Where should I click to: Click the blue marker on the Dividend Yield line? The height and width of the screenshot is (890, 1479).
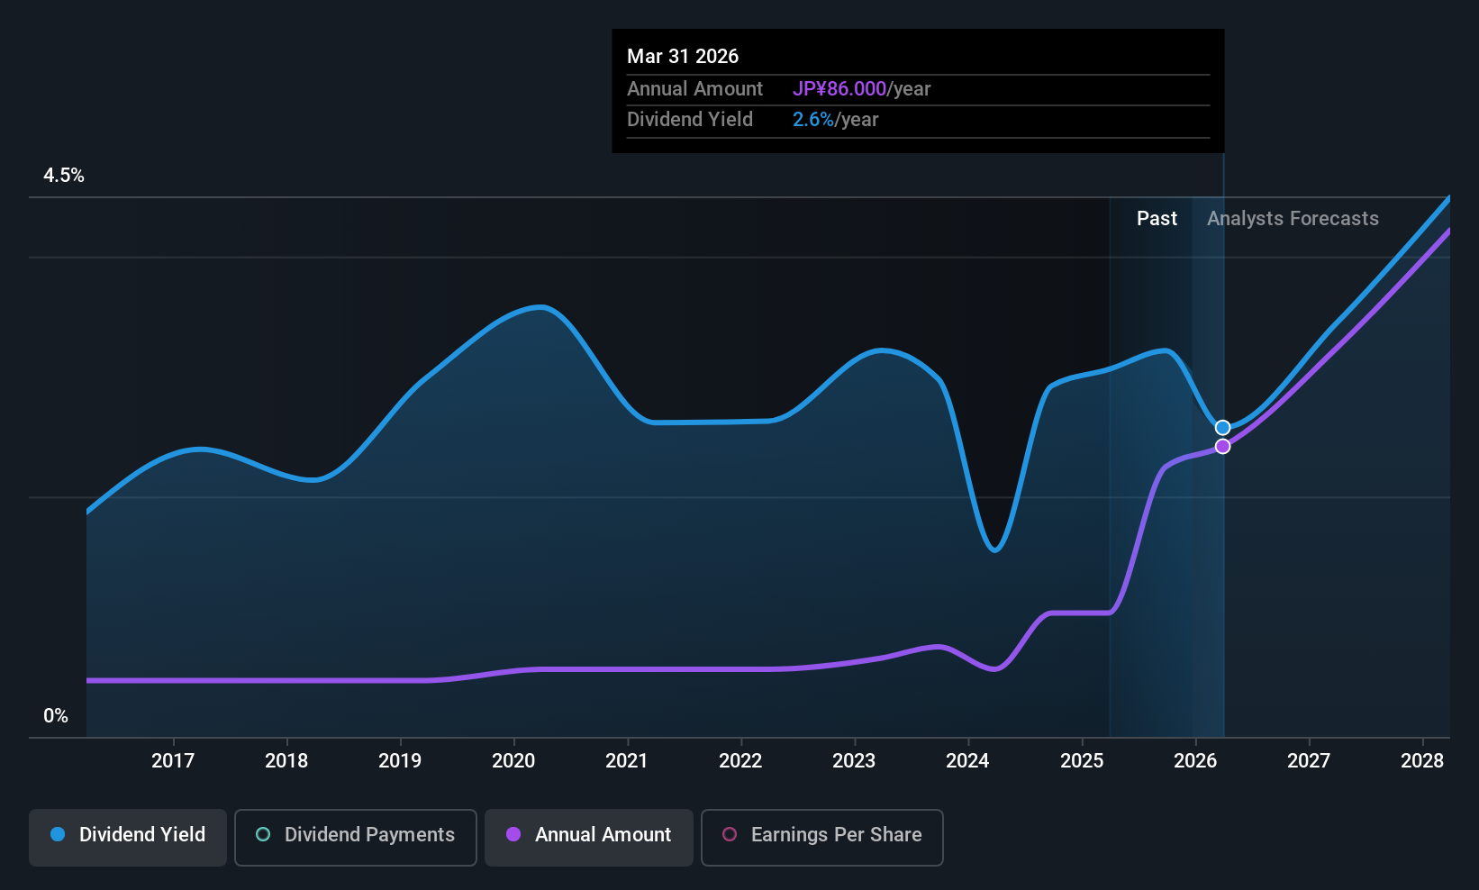pyautogui.click(x=1222, y=428)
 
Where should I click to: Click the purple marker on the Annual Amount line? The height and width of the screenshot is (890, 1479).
pyautogui.click(x=1222, y=447)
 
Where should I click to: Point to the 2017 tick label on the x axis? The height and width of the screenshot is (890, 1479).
pyautogui.click(x=173, y=760)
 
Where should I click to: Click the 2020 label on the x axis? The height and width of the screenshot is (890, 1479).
pyautogui.click(x=513, y=760)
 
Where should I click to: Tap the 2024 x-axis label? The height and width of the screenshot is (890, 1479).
pyautogui.click(x=968, y=760)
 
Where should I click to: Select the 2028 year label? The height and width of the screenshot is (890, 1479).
pyautogui.click(x=1422, y=760)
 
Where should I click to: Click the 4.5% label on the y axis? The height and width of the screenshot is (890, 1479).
pyautogui.click(x=64, y=176)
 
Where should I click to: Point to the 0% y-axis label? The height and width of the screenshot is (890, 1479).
pyautogui.click(x=56, y=716)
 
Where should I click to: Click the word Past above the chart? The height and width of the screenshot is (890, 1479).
pyautogui.click(x=1157, y=219)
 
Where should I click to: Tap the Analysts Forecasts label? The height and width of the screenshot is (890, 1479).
pyautogui.click(x=1293, y=219)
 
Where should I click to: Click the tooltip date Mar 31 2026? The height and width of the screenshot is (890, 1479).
pyautogui.click(x=683, y=56)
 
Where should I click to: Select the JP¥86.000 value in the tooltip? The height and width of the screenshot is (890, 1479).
pyautogui.click(x=839, y=88)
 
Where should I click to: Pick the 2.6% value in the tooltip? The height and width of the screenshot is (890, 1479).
pyautogui.click(x=812, y=120)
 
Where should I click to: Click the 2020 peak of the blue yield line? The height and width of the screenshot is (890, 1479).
pyautogui.click(x=540, y=307)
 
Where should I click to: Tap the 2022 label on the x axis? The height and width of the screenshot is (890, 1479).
pyautogui.click(x=740, y=760)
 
